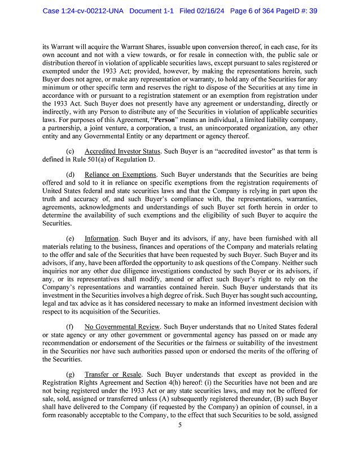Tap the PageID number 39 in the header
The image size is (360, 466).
point(312,11)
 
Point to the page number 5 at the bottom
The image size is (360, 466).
point(179,441)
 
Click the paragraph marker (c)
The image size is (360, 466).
point(70,152)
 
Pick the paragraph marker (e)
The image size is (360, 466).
point(70,239)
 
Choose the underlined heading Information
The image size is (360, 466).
point(101,239)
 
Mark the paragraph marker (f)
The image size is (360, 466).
point(70,327)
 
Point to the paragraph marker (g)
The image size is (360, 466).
point(70,374)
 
